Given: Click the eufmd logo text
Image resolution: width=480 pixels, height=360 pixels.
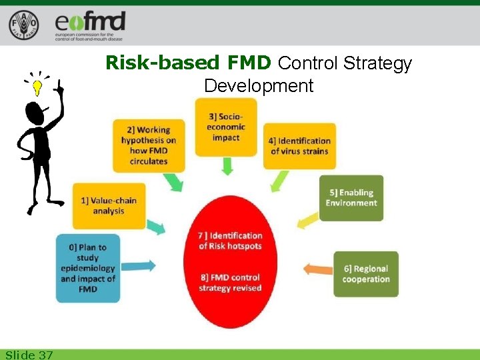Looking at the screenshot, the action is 91,23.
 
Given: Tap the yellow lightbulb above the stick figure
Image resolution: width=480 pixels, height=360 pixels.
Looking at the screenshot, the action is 37,87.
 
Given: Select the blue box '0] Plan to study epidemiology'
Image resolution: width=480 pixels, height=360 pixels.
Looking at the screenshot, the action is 88,267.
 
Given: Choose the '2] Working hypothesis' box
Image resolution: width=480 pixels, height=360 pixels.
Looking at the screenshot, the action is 144,145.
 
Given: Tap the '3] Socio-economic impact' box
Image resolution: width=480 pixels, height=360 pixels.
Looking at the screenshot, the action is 226,127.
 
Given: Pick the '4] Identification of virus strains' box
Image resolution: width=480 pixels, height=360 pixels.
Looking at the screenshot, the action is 299,145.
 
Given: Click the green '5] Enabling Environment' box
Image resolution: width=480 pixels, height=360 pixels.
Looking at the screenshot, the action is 351,197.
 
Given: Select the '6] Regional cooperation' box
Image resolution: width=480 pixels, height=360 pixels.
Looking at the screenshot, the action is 365,273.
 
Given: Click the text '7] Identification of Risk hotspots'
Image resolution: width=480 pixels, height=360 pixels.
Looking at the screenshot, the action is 230,241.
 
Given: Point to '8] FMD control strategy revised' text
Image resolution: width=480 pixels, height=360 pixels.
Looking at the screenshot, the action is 230,282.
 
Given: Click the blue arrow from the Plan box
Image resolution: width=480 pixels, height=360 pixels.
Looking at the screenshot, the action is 141,265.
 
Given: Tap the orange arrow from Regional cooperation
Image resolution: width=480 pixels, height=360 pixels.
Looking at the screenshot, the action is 317,269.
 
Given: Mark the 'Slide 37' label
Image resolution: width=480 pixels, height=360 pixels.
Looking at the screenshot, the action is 29,355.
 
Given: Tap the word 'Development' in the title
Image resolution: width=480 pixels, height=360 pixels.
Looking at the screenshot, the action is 259,85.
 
